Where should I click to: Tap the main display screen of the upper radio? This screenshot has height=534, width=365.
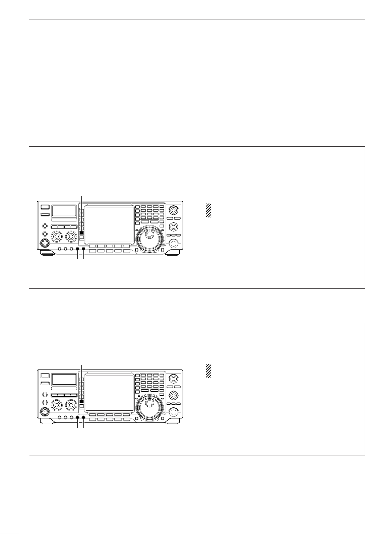coord(109,224)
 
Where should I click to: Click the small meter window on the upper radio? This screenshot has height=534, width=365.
coord(64,211)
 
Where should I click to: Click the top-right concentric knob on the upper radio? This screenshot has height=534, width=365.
coord(174,210)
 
